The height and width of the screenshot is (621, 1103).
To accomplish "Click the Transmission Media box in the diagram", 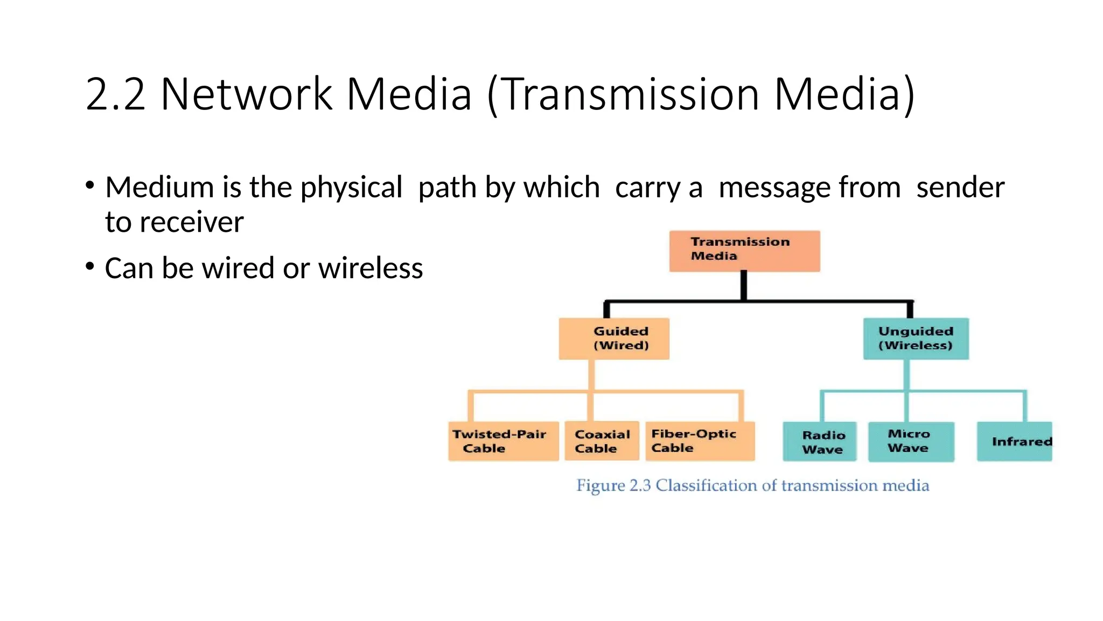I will pyautogui.click(x=744, y=251).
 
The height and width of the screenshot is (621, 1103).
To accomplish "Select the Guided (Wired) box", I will pyautogui.click(x=614, y=339).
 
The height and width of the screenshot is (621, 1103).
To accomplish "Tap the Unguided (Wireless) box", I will pyautogui.click(x=916, y=339).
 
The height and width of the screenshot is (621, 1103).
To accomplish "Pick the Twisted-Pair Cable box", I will pyautogui.click(x=503, y=441).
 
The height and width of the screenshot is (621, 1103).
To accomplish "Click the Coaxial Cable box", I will pyautogui.click(x=602, y=441).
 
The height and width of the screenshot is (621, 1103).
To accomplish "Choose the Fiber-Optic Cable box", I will pyautogui.click(x=700, y=441).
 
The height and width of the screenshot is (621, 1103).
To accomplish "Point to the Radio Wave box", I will pyautogui.click(x=819, y=441).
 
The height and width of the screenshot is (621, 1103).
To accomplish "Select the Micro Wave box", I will pyautogui.click(x=911, y=441).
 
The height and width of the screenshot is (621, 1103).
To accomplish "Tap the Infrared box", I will pyautogui.click(x=1014, y=441).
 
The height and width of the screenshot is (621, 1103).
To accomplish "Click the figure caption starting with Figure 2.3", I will pyautogui.click(x=752, y=486).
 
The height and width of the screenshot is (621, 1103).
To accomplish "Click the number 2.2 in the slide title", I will pyautogui.click(x=115, y=94).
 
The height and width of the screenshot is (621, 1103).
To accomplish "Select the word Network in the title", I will pyautogui.click(x=246, y=94).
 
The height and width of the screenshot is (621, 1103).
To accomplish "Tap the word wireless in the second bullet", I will pyautogui.click(x=370, y=268).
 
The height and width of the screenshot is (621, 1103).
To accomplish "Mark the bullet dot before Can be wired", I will pyautogui.click(x=90, y=266).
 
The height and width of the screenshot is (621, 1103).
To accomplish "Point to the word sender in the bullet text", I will pyautogui.click(x=960, y=188).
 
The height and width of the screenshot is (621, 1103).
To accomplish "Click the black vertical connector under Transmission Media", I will pyautogui.click(x=744, y=286).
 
